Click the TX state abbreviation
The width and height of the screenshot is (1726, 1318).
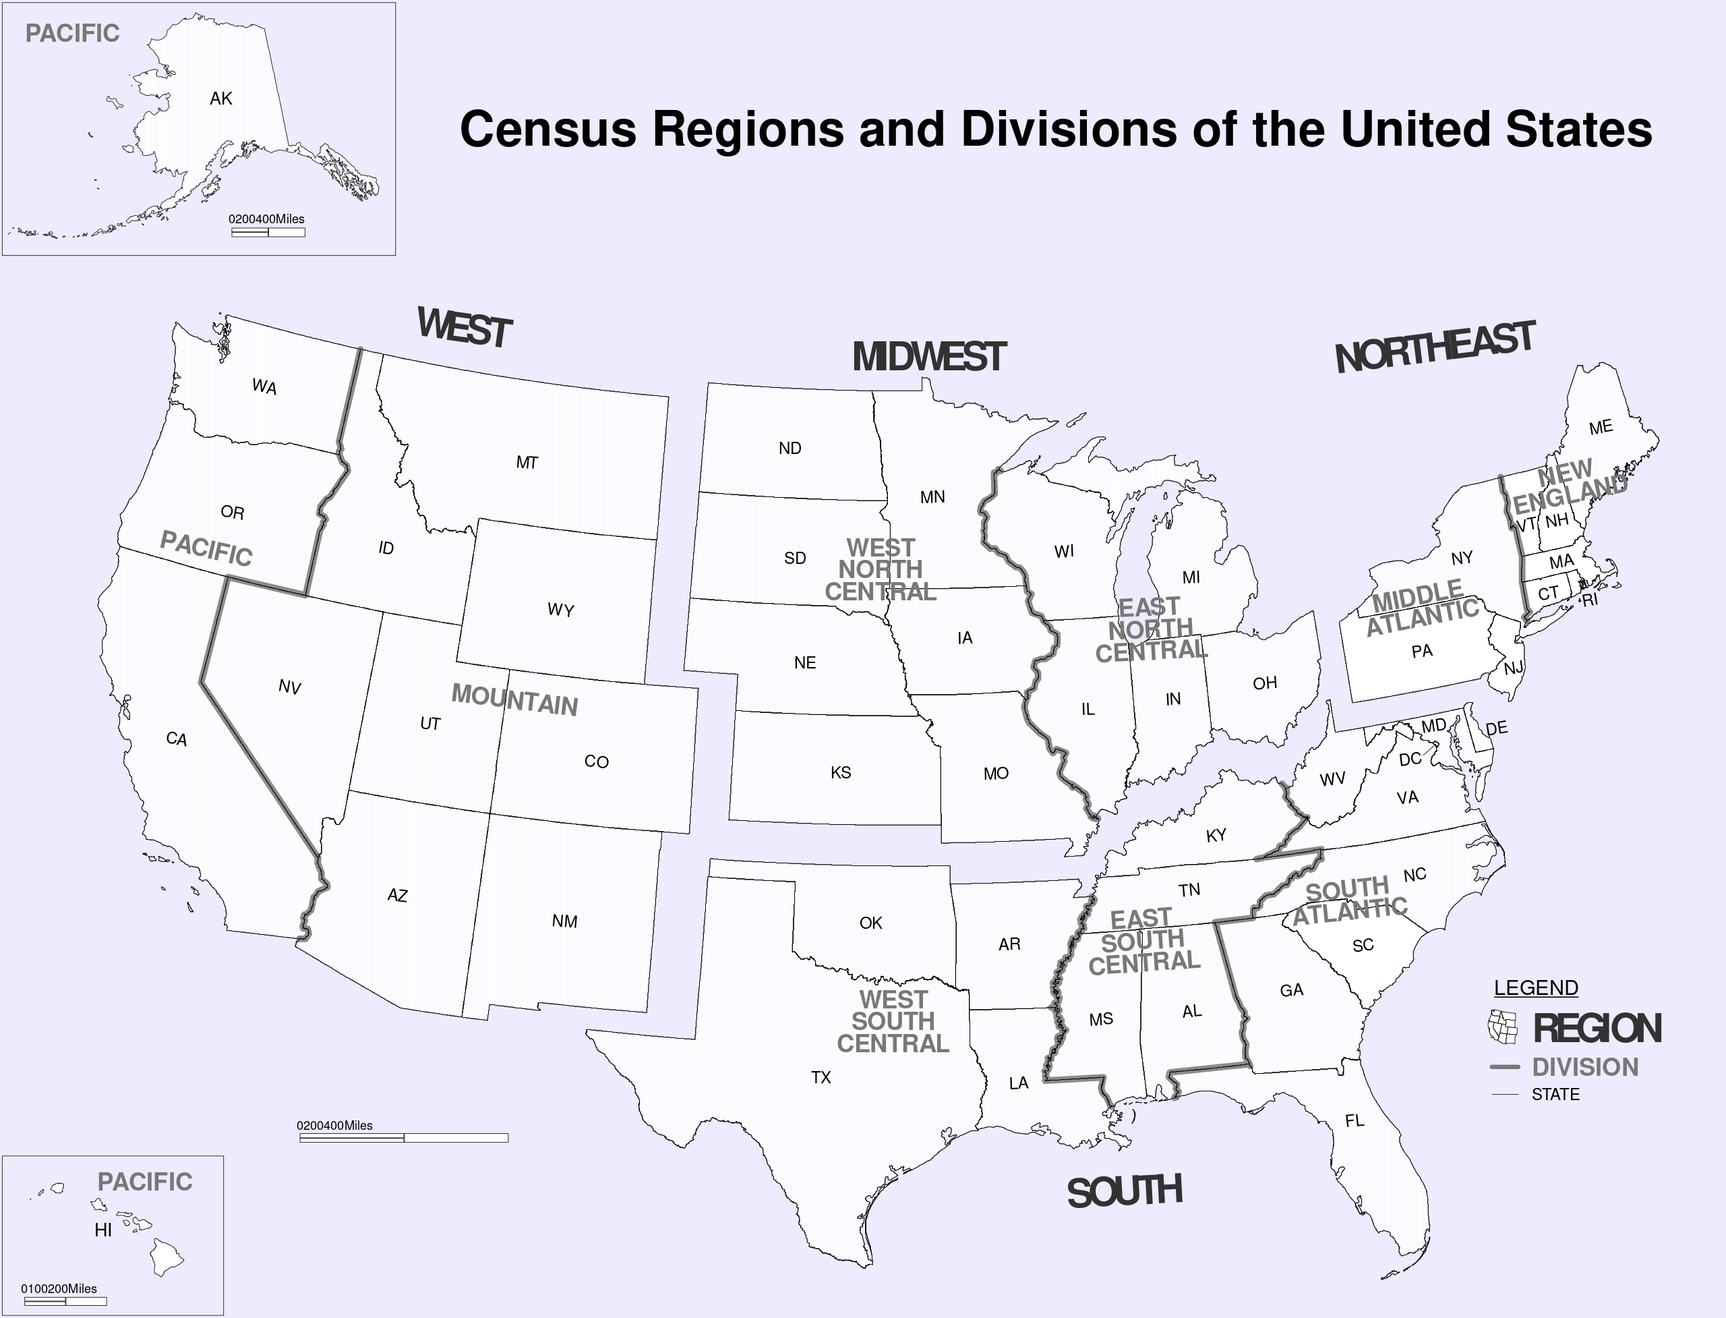(x=821, y=1077)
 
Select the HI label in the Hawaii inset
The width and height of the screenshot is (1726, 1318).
(x=102, y=1230)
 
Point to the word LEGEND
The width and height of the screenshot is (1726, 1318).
(x=1535, y=987)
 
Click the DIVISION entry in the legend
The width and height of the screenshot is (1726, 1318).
(x=1585, y=1067)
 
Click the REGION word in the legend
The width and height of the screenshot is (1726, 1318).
(x=1597, y=1029)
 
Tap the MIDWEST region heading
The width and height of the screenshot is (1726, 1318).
(x=928, y=357)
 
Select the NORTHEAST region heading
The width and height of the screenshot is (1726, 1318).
(x=1434, y=347)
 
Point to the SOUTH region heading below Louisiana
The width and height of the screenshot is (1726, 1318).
(x=1125, y=1192)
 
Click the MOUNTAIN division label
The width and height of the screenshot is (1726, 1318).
(x=514, y=699)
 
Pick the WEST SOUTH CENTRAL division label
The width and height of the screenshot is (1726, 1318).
(x=893, y=1021)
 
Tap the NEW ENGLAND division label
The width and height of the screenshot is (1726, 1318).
(x=1568, y=486)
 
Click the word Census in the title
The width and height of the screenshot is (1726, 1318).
(x=548, y=129)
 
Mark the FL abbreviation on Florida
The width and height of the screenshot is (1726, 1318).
(x=1355, y=1120)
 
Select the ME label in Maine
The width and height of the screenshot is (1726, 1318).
(x=1601, y=427)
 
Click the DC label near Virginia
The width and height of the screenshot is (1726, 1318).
(x=1410, y=759)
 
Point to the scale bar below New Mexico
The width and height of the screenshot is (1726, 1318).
(x=404, y=1137)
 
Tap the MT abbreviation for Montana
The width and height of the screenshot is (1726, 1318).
(x=527, y=463)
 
